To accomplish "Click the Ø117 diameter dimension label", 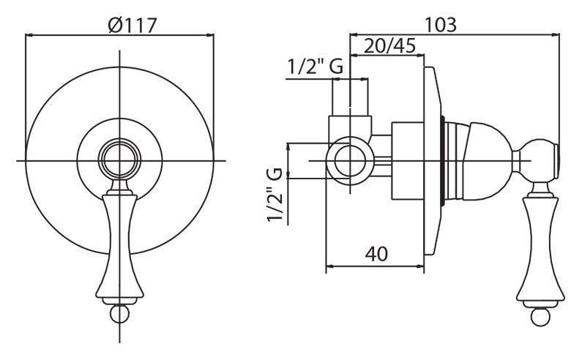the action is pyautogui.click(x=133, y=25).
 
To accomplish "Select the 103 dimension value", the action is pyautogui.click(x=440, y=25).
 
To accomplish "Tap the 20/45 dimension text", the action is pyautogui.click(x=389, y=46).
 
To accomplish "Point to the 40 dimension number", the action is pyautogui.click(x=376, y=254).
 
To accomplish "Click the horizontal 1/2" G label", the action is pyautogui.click(x=315, y=67).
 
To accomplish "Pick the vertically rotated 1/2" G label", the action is pyautogui.click(x=275, y=194).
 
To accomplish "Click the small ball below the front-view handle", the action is pyautogui.click(x=119, y=314).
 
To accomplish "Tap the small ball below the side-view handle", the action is pyautogui.click(x=540, y=317).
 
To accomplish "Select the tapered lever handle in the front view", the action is pyautogui.click(x=119, y=245).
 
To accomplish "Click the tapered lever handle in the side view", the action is pyautogui.click(x=540, y=248).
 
